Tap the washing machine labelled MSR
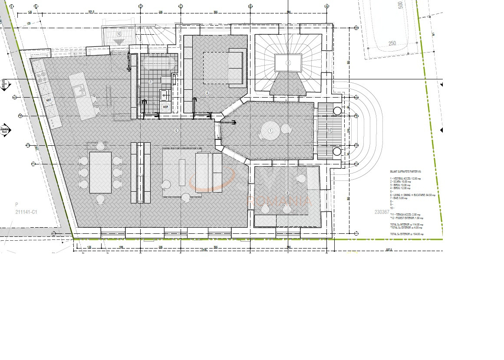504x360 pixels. (165, 107)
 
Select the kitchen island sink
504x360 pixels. (79, 91)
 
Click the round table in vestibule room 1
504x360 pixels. (270, 131)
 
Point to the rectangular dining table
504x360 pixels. (100, 172)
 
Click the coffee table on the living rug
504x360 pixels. (182, 172)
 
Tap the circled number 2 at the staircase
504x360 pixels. (287, 63)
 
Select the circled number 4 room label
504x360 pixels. (208, 93)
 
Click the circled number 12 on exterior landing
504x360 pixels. (118, 33)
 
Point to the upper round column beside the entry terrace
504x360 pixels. (337, 111)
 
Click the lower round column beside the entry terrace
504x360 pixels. (337, 151)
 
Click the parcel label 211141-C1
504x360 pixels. (26, 212)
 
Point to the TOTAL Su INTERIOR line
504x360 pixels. (406, 225)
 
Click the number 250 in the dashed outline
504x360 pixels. (392, 43)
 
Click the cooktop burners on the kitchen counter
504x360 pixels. (42, 78)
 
